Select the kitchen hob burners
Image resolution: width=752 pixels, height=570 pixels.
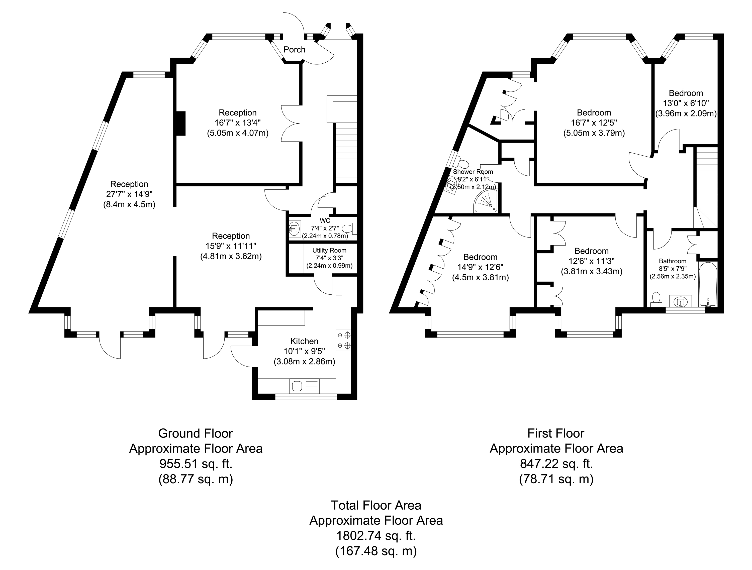pyautogui.click(x=343, y=340)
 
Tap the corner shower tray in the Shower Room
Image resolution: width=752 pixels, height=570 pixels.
pyautogui.click(x=487, y=202)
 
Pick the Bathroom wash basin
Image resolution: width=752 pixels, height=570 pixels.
pyautogui.click(x=681, y=301)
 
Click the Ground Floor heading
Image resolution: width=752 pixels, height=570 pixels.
pyautogui.click(x=196, y=433)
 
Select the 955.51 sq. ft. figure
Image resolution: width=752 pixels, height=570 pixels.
pyautogui.click(x=196, y=464)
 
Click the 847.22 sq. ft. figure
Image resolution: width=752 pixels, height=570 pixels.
pyautogui.click(x=556, y=464)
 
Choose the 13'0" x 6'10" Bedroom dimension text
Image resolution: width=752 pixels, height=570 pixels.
pyautogui.click(x=686, y=103)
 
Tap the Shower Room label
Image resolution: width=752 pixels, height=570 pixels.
pyautogui.click(x=473, y=172)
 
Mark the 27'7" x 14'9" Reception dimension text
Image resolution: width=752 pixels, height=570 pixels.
pyautogui.click(x=129, y=194)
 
